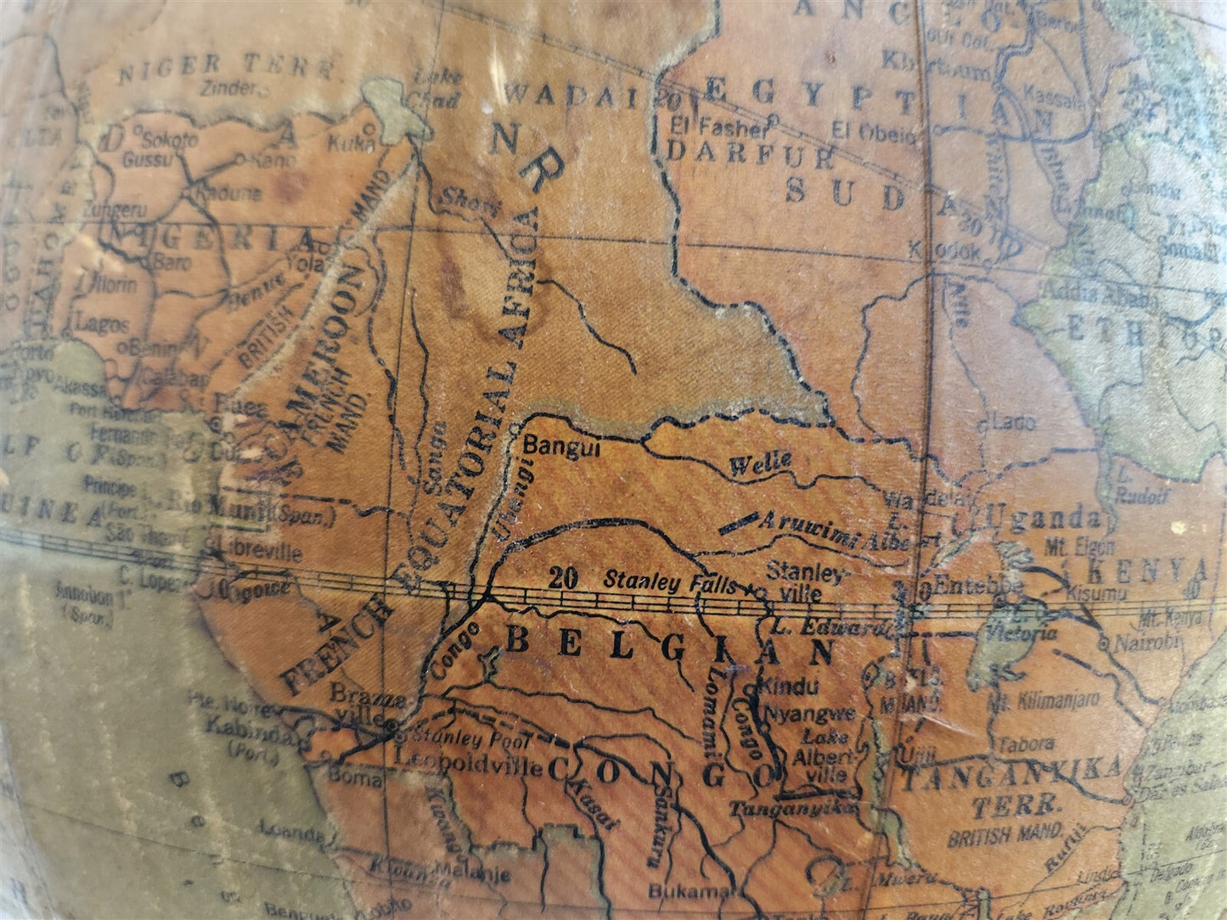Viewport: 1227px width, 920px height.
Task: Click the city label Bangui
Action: click(x=562, y=447)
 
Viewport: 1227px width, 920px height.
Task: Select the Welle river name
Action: click(x=760, y=463)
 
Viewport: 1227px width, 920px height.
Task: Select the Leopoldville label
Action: click(x=470, y=766)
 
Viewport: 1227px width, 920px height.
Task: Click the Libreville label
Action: click(x=257, y=553)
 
